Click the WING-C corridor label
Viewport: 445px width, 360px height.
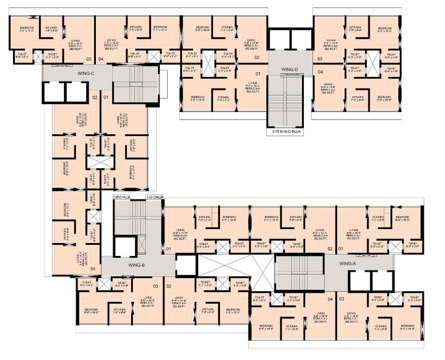[x=85, y=73]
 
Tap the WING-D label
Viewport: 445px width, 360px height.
[x=290, y=70]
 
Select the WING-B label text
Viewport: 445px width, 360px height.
[x=137, y=265]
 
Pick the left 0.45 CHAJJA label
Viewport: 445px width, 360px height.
[x=122, y=197]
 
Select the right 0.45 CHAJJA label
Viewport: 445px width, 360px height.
[x=155, y=197]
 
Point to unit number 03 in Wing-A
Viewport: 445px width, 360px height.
[x=341, y=300]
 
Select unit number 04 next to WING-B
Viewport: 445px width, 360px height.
[x=92, y=269]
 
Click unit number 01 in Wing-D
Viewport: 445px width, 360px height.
[x=258, y=74]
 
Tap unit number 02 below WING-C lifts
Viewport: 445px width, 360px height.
[x=95, y=98]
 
